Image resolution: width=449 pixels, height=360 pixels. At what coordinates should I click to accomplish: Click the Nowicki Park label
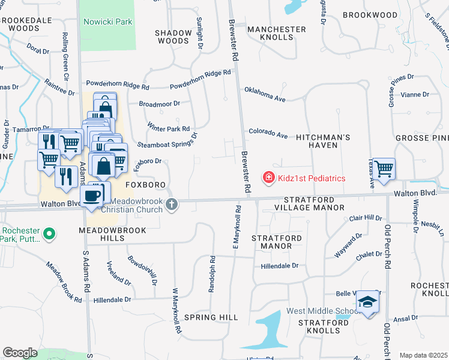(108, 22)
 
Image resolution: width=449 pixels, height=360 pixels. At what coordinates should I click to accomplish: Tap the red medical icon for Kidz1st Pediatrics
(268, 178)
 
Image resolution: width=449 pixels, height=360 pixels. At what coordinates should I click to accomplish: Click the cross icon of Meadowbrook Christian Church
(172, 205)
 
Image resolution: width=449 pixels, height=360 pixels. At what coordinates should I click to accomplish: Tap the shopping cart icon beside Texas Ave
(384, 169)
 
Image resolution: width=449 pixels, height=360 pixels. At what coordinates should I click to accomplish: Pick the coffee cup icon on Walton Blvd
(91, 196)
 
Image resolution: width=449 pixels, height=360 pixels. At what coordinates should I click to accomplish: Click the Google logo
(20, 353)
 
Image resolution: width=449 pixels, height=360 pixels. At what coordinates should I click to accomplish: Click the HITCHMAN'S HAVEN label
(323, 142)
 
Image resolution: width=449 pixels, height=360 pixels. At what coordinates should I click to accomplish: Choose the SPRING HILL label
(211, 317)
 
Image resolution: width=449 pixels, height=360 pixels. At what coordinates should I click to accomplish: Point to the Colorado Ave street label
(268, 133)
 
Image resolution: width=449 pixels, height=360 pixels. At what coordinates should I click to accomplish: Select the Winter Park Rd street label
(169, 127)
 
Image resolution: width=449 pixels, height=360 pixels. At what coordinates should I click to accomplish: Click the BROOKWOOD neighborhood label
(370, 14)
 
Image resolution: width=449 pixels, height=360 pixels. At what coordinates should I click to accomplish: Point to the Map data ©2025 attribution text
(423, 355)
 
